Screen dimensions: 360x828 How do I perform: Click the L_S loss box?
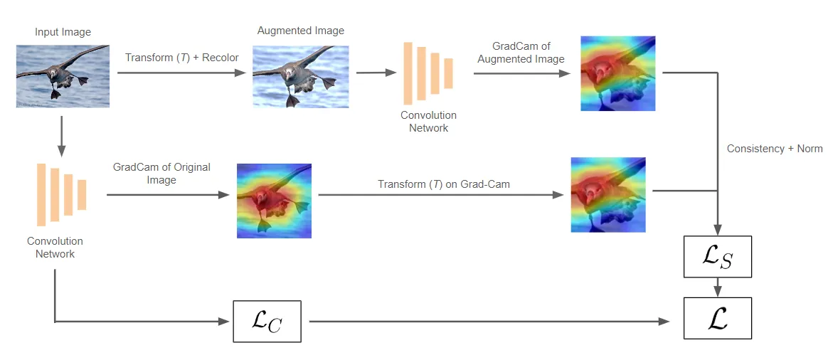[717, 257]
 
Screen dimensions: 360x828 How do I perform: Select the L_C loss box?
[267, 322]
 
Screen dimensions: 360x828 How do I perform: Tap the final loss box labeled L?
[717, 318]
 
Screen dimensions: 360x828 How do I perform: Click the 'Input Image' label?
[63, 32]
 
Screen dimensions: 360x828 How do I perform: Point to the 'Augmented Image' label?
[300, 31]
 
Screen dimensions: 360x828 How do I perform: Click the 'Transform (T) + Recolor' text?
[182, 57]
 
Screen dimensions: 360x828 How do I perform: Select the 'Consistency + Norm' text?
[774, 149]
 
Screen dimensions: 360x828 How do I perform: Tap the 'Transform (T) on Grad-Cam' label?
[444, 184]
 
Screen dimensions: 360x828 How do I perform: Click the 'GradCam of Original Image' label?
[161, 174]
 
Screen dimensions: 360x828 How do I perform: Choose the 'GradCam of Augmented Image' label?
[521, 53]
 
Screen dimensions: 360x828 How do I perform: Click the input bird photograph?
[63, 76]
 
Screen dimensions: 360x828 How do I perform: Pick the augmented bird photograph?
[301, 77]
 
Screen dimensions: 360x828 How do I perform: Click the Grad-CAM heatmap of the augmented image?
[617, 73]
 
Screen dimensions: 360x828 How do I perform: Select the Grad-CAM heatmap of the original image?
[274, 201]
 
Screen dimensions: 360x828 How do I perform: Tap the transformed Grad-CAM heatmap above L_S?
[608, 195]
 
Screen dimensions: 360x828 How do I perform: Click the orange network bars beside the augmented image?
[428, 72]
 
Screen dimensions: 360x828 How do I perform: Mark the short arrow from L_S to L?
[717, 287]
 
